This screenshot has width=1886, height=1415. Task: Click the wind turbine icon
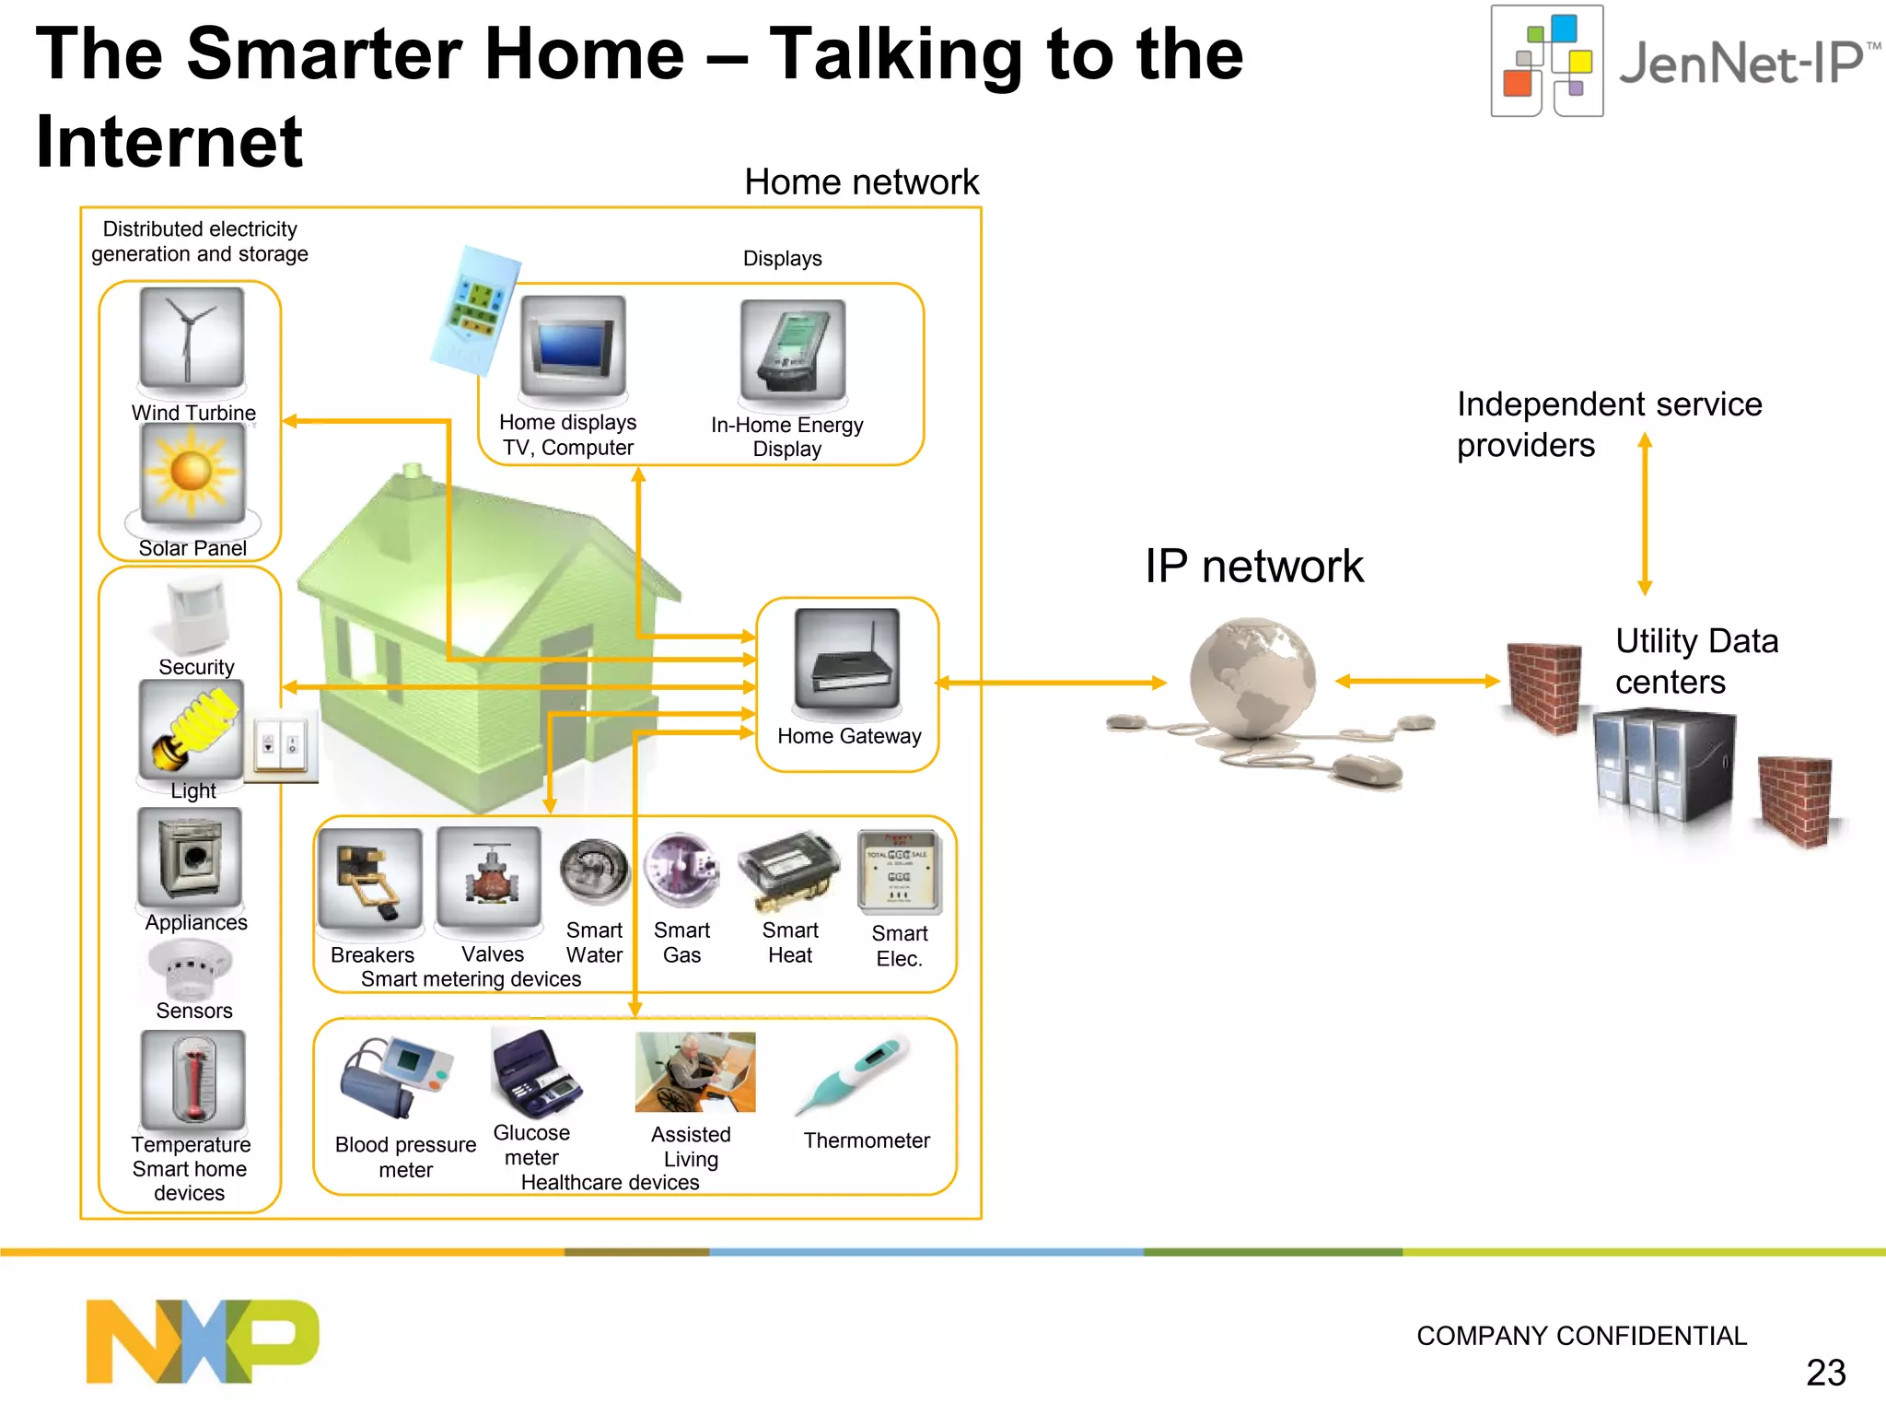tap(192, 337)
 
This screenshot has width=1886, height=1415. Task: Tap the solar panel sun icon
tap(192, 473)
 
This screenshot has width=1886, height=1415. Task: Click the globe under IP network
tap(1252, 680)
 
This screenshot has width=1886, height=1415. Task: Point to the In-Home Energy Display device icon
tap(792, 350)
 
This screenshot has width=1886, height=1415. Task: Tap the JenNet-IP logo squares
tap(1547, 62)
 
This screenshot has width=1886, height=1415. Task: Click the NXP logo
tap(203, 1340)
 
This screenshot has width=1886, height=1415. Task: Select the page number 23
tap(1825, 1373)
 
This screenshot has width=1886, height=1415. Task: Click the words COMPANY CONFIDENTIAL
tap(1581, 1336)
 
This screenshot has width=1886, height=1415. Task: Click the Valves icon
tap(489, 877)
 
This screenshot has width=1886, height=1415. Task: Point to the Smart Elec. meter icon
tap(899, 871)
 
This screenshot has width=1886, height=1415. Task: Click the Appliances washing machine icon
tap(190, 857)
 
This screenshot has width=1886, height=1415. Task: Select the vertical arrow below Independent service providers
tap(1645, 516)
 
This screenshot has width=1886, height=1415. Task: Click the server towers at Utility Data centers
tap(1663, 765)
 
